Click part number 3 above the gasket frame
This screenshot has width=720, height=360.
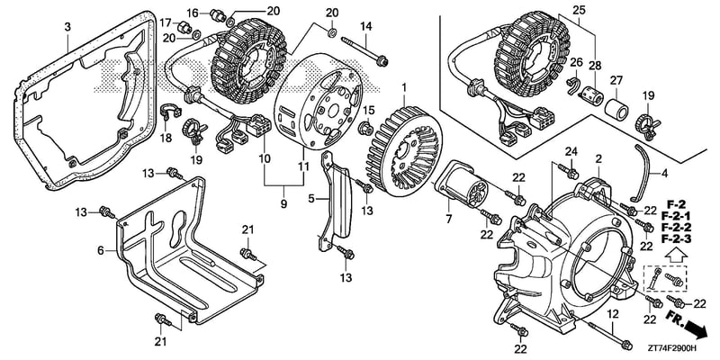[x=67, y=28]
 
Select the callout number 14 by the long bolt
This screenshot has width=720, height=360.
[x=365, y=26]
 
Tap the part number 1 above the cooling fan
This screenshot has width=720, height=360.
[x=404, y=86]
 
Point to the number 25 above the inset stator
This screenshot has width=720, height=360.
[x=579, y=9]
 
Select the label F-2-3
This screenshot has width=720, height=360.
[x=677, y=238]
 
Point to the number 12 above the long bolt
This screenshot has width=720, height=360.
[x=614, y=314]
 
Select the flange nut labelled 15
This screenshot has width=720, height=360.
[x=367, y=128]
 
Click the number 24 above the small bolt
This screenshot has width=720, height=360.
[x=571, y=151]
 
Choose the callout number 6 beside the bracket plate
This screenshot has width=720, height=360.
[x=101, y=251]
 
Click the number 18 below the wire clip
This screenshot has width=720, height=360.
[x=166, y=138]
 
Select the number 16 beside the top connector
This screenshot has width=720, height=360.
[x=193, y=12]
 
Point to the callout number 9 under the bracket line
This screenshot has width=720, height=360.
[x=283, y=202]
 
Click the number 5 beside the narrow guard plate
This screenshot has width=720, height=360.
[x=310, y=199]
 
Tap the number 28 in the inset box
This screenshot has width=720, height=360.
[x=595, y=66]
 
